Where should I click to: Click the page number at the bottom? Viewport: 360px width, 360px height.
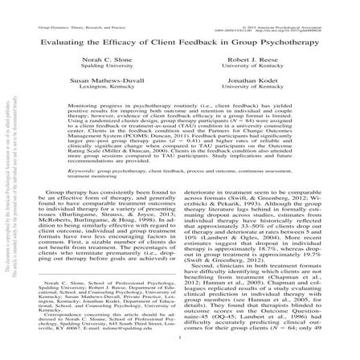click(x=180, y=351)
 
